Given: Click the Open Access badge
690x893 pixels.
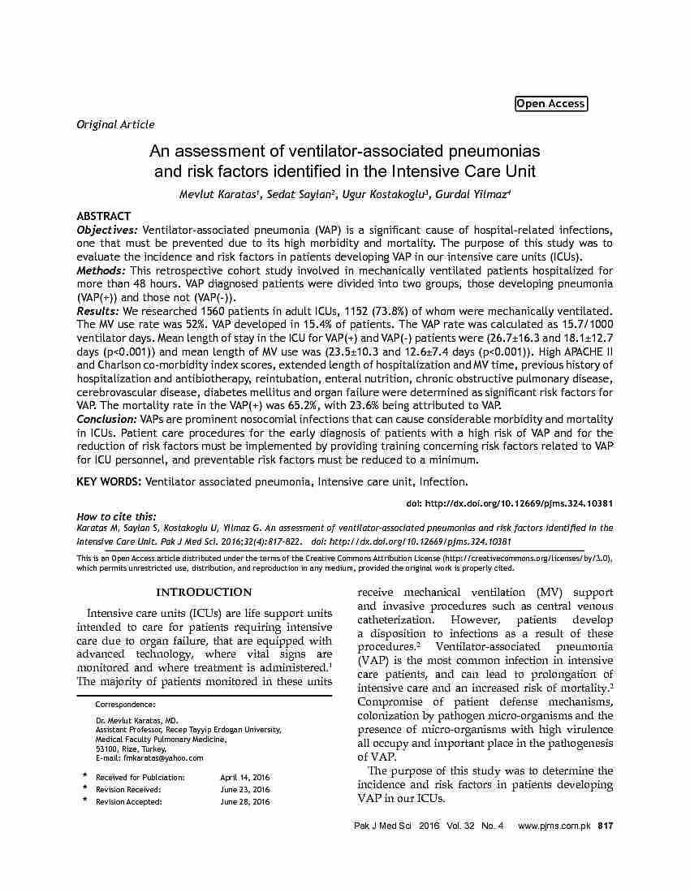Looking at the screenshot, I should tap(550, 103).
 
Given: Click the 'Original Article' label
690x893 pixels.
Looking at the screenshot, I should tap(115, 124).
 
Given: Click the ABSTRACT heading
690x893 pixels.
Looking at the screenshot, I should tap(103, 217).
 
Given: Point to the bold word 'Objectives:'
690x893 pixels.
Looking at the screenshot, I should tap(108, 231).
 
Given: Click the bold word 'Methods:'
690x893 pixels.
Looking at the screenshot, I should tap(101, 270).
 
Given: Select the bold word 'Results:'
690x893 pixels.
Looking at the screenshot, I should tap(97, 311).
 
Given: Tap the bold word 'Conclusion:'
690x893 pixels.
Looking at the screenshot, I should tap(106, 419).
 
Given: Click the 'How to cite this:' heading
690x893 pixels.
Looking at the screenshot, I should tap(116, 516).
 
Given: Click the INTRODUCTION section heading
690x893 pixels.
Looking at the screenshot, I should tap(204, 592).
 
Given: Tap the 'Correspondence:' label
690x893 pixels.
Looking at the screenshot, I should tap(125, 704).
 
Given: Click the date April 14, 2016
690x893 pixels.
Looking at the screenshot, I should tap(245, 777).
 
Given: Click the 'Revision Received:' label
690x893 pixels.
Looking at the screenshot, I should tap(128, 789).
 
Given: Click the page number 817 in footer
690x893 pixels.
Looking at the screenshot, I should tap(605, 826).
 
